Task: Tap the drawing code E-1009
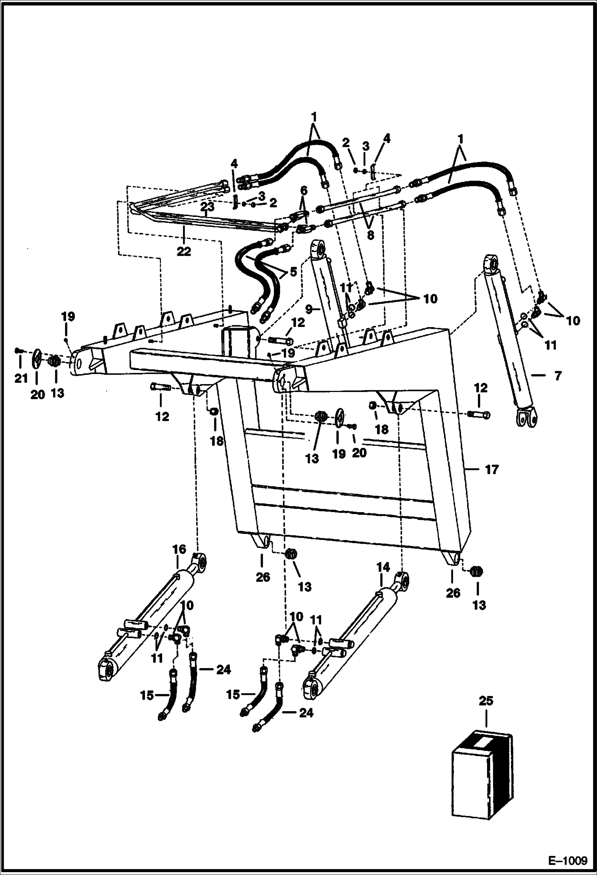pos(568,860)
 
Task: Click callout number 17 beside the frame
pos(492,470)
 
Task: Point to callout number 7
pos(558,375)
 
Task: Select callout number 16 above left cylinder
pos(179,549)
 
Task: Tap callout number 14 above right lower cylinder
pos(383,567)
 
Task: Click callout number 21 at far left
pos(20,378)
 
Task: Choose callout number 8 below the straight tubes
pos(370,235)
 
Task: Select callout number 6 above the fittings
pos(304,191)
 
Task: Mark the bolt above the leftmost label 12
pos(160,386)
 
